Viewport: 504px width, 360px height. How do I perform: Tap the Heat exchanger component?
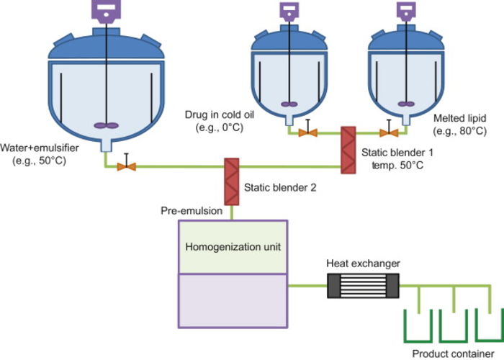click(363, 287)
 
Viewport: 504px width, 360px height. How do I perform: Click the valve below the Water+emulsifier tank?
click(127, 166)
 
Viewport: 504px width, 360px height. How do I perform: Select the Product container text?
click(448, 354)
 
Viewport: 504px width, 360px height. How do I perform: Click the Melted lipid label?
click(459, 117)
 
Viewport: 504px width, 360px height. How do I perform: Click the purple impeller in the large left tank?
click(110, 126)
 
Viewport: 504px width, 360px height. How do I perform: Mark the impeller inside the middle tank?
click(292, 103)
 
